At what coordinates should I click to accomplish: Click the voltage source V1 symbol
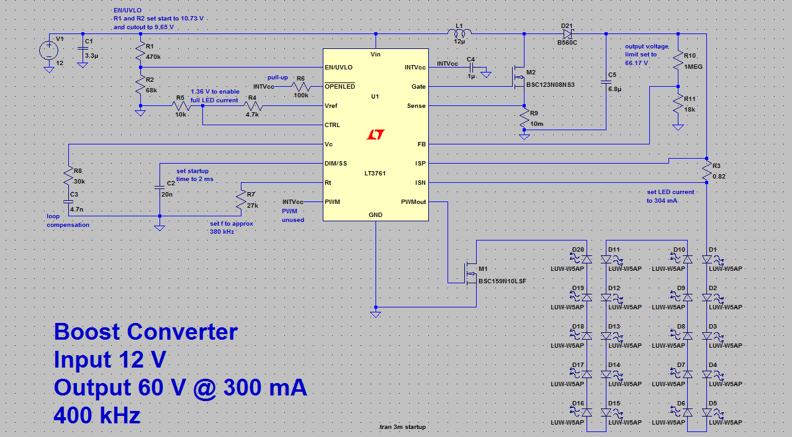pyautogui.click(x=49, y=50)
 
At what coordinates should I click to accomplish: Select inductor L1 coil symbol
pyautogui.click(x=459, y=33)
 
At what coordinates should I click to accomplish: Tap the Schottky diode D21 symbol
pyautogui.click(x=568, y=34)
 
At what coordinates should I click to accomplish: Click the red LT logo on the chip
pyautogui.click(x=375, y=134)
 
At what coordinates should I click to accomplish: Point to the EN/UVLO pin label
pyautogui.click(x=338, y=68)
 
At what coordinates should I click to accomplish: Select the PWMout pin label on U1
pyautogui.click(x=413, y=202)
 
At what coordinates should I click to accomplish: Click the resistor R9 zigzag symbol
pyautogui.click(x=524, y=118)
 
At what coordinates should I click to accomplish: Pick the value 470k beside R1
pyautogui.click(x=153, y=57)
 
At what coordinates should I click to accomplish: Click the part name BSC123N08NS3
pyautogui.click(x=550, y=85)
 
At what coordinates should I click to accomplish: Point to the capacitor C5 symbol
pyautogui.click(x=606, y=82)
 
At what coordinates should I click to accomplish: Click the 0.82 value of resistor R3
pyautogui.click(x=719, y=176)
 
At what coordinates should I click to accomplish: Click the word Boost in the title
pyautogui.click(x=87, y=332)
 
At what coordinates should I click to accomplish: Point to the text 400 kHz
pyautogui.click(x=97, y=415)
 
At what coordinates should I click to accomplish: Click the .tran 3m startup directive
pyautogui.click(x=402, y=426)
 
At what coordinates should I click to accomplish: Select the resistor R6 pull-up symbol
pyautogui.click(x=301, y=87)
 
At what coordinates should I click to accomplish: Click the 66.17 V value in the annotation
pyautogui.click(x=636, y=63)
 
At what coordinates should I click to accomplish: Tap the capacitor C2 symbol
pyautogui.click(x=160, y=187)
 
